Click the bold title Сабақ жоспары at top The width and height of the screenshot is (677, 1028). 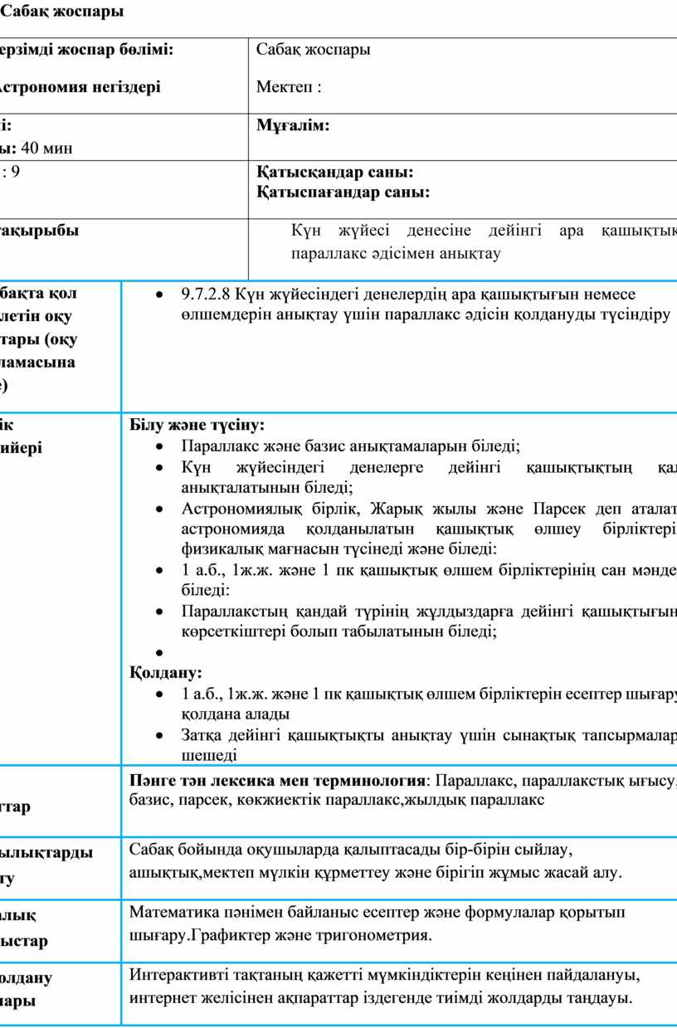(67, 12)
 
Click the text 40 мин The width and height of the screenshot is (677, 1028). (51, 149)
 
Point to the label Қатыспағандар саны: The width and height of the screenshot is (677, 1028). (343, 192)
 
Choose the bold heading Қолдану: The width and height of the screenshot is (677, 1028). (166, 671)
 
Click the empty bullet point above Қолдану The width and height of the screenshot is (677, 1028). (158, 653)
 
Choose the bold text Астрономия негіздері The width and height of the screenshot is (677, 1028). (80, 86)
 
